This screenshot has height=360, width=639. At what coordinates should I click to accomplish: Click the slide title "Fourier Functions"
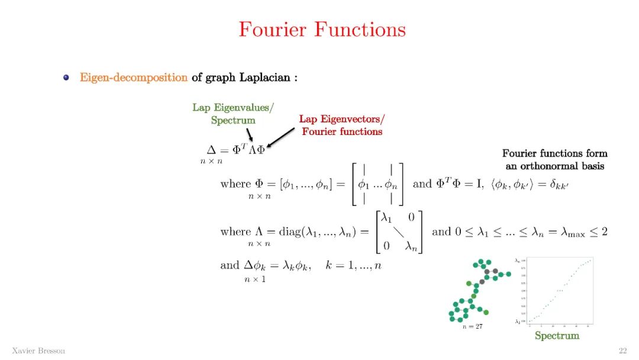322,30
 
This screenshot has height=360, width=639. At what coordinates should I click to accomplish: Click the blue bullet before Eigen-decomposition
67,78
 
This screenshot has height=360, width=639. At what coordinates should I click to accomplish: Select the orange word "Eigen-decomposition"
134,78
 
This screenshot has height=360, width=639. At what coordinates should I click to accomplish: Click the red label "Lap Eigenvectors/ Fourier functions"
342,126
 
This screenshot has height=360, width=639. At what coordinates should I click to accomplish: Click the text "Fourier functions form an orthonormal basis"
554,160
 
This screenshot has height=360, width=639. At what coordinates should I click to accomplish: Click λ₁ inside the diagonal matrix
388,218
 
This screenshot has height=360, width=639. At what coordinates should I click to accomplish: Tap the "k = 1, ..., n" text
353,265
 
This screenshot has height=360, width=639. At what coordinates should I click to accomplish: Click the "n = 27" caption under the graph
472,326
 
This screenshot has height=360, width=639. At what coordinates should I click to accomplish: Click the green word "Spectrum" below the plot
557,336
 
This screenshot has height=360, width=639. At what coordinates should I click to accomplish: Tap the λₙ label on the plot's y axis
518,261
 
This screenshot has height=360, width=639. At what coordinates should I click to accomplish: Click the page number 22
622,351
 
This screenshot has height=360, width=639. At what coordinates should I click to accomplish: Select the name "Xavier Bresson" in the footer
38,351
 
